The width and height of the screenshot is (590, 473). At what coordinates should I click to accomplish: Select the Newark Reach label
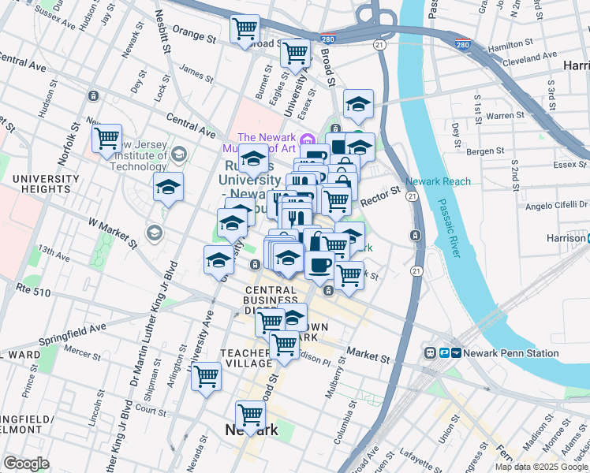pos(438,181)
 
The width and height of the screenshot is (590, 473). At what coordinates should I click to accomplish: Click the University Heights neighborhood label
pos(46,184)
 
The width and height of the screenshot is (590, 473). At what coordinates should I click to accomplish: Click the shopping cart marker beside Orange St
pos(245,30)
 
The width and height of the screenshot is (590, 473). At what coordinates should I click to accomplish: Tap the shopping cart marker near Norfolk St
pos(106,140)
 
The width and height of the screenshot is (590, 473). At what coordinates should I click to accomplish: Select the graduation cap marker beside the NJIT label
pos(168,188)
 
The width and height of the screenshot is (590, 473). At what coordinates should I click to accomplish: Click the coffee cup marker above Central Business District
pos(319,266)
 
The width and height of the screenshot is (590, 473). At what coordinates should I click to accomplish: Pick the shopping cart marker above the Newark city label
pos(250,413)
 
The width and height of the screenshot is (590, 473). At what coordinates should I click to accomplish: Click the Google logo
pos(26,464)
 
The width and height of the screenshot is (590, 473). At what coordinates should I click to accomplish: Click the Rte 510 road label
pos(33,291)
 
